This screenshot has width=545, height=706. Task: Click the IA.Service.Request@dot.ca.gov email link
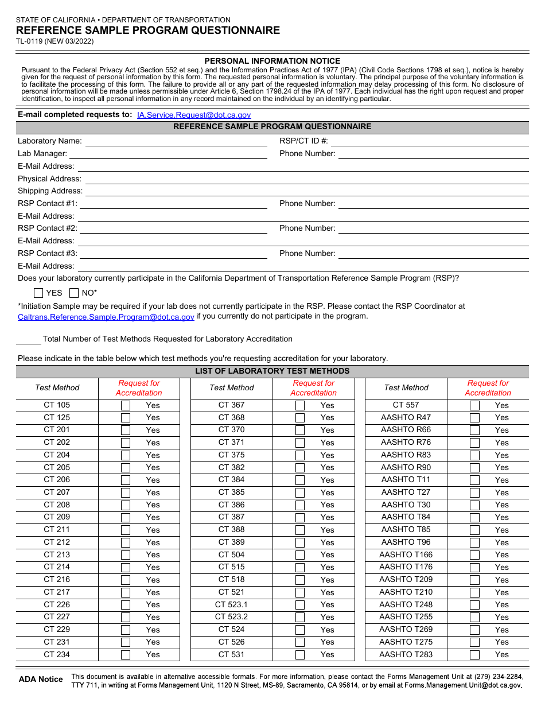[194, 115]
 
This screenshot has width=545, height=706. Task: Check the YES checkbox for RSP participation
[38, 293]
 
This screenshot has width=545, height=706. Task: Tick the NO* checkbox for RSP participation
[74, 293]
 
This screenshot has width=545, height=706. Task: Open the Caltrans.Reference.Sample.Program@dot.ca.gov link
[106, 317]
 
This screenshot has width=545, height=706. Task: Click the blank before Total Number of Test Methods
[29, 340]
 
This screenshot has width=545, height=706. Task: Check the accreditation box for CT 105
[126, 405]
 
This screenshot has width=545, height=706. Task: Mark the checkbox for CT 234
[126, 655]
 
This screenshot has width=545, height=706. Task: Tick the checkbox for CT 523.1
[300, 605]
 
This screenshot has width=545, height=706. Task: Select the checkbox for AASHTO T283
[474, 655]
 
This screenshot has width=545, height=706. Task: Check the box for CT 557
[474, 405]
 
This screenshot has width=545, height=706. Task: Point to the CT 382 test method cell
[231, 467]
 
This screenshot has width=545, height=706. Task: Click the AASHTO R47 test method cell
[406, 417]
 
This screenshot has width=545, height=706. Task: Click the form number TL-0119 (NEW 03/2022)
[55, 41]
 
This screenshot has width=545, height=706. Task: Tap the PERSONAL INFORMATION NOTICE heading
[272, 61]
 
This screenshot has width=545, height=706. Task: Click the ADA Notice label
[41, 680]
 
